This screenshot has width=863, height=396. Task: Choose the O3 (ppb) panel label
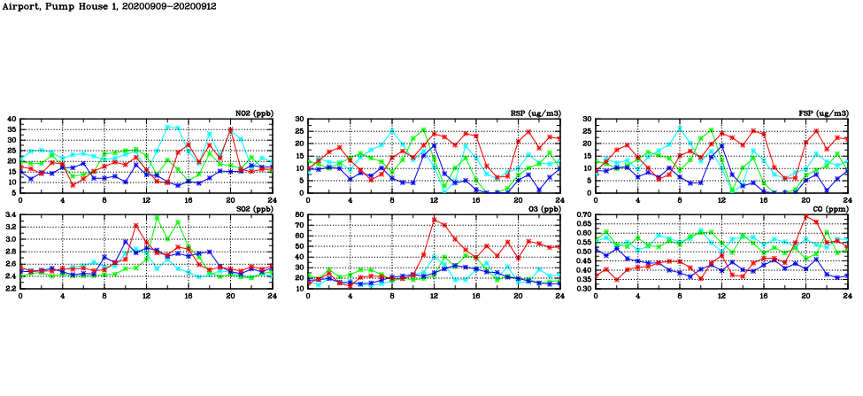541,208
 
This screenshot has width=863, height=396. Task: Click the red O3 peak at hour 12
435,219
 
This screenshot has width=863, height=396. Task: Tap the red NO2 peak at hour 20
231,129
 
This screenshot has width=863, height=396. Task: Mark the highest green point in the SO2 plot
157,217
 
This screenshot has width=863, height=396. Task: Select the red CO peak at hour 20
806,216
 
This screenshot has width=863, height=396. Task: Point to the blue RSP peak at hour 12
435,145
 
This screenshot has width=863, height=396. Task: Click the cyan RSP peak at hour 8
392,131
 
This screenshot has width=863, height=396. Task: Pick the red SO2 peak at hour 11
135,226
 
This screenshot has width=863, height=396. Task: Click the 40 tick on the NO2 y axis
12,119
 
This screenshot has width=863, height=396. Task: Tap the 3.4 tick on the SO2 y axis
10,214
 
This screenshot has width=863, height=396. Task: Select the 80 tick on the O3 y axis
298,214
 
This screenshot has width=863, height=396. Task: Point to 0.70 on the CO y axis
581,214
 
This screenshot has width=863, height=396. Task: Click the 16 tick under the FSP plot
764,199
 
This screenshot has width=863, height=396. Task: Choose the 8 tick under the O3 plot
392,295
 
